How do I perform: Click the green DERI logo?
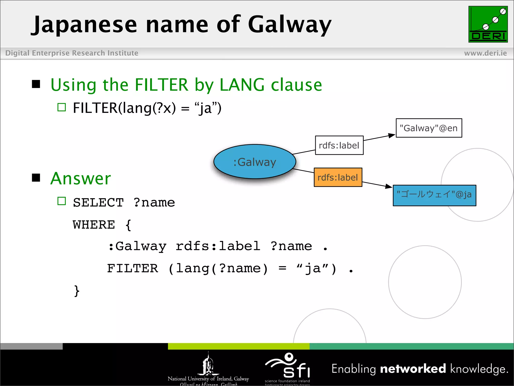coord(488,24)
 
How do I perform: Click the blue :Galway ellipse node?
coord(255,162)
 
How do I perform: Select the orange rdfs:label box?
coord(338,177)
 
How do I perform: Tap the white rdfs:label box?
coord(339,146)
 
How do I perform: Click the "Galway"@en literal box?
coord(429,128)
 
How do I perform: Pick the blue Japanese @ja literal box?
coord(434,196)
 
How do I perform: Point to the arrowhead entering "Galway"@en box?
coord(392,135)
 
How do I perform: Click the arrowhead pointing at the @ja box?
coord(389,186)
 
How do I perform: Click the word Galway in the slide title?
coord(290,25)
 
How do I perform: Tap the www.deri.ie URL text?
coord(485,53)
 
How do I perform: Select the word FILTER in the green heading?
coord(161,85)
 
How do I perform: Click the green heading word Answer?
coord(81,178)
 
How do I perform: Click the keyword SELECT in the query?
coord(98,203)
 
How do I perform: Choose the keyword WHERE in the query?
coord(94,225)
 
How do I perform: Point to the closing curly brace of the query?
coord(77,291)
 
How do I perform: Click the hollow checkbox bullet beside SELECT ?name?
coord(61,201)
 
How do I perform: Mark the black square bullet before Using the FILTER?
coord(36,84)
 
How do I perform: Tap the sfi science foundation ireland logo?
coord(288,367)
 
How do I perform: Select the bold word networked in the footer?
coord(413,369)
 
